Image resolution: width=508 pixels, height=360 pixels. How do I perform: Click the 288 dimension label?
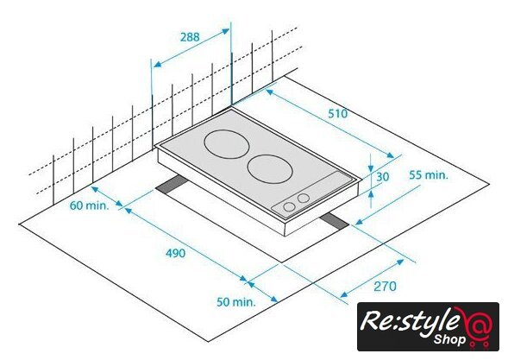190,37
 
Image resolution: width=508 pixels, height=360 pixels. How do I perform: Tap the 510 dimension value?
337,114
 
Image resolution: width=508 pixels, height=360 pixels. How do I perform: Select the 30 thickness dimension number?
382,177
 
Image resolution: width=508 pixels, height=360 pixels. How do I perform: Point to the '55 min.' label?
429,175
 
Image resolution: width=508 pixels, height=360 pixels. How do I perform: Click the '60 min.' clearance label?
90,205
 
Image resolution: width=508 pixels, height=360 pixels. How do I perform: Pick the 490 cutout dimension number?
176,253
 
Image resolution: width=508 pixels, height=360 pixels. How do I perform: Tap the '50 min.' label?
236,302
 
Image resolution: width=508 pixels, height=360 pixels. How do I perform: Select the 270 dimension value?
385,287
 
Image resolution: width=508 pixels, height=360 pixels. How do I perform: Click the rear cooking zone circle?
227,130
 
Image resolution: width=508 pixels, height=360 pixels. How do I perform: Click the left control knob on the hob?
289,206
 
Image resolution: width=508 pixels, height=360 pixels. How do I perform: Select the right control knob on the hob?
304,198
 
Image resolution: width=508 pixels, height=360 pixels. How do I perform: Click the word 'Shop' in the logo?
449,339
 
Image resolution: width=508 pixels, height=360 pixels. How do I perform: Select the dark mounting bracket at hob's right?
335,222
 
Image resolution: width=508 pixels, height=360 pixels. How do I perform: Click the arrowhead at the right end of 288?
225,31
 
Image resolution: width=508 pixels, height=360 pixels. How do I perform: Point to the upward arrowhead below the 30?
371,194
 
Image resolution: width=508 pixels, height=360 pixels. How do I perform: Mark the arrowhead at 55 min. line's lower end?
360,222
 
